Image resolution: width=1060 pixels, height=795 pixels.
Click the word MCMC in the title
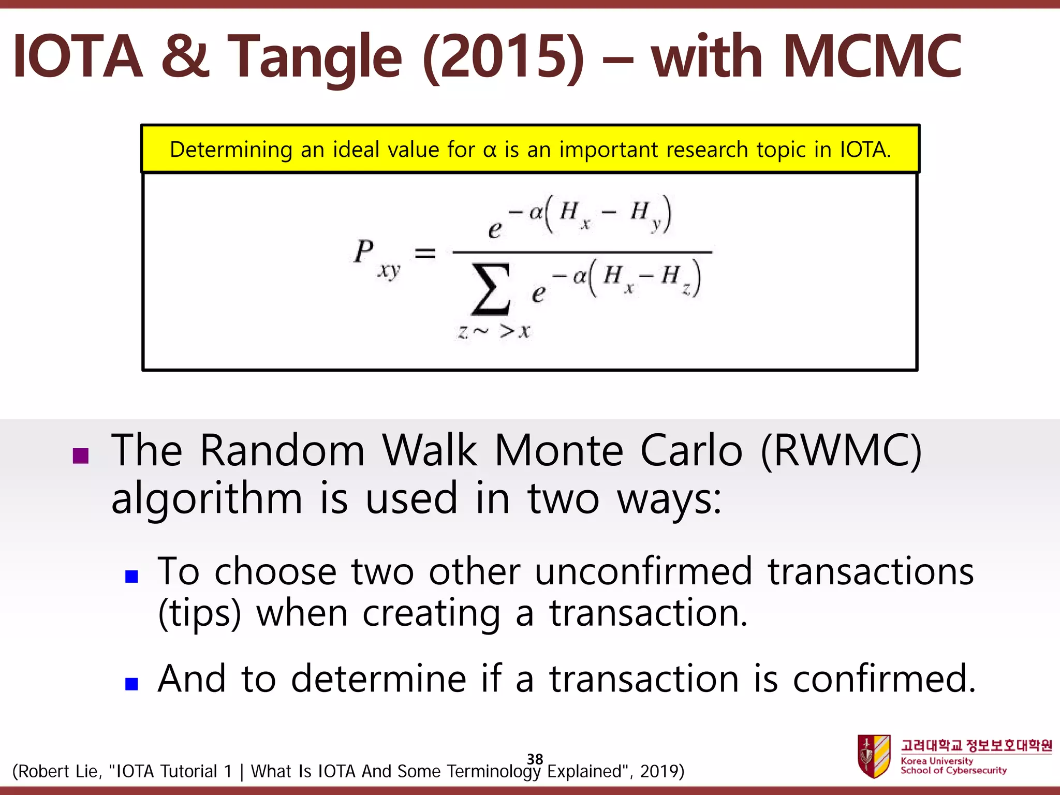pyautogui.click(x=872, y=56)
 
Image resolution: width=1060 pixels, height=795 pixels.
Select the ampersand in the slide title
pyautogui.click(x=185, y=56)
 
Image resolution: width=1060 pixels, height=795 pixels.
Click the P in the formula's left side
pyautogui.click(x=364, y=252)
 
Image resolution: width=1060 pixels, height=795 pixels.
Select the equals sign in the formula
pyautogui.click(x=425, y=253)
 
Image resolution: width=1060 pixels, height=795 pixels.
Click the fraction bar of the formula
pyautogui.click(x=582, y=252)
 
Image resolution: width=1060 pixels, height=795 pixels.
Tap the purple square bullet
pyautogui.click(x=81, y=455)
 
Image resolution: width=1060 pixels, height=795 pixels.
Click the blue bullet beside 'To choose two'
pyautogui.click(x=131, y=576)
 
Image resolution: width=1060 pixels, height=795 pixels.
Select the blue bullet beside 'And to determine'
pyautogui.click(x=131, y=684)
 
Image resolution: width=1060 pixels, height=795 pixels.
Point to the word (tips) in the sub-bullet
pyautogui.click(x=199, y=614)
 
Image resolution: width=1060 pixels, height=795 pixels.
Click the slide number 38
pyautogui.click(x=535, y=759)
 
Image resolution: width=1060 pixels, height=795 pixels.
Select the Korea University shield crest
pyautogui.click(x=874, y=756)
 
